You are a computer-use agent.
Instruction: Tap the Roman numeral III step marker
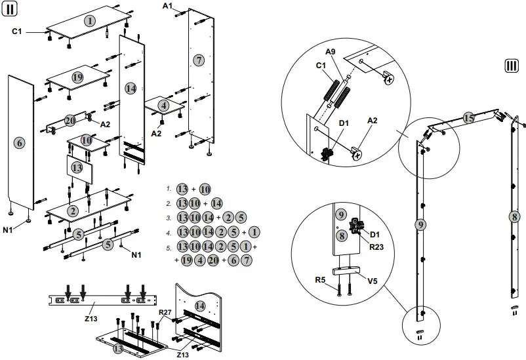tap(512, 66)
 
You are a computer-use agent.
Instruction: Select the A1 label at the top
tap(168, 6)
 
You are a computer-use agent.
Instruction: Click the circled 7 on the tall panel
tap(199, 60)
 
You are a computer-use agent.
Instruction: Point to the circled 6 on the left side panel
tap(19, 142)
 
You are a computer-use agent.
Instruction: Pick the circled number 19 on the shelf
tap(77, 77)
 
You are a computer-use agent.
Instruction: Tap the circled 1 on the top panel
tap(89, 21)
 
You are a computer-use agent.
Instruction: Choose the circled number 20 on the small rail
tap(70, 120)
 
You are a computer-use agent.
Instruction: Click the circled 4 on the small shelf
tap(163, 105)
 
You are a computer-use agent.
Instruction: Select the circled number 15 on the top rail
tap(468, 118)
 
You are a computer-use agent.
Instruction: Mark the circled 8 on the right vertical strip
tap(515, 216)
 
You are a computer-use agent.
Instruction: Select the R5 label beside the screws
tap(320, 280)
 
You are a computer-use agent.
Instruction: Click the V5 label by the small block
tap(372, 281)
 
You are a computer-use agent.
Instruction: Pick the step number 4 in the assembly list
tap(169, 232)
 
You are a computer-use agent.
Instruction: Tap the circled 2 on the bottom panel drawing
tap(73, 210)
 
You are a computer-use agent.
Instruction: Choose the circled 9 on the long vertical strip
tap(420, 224)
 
